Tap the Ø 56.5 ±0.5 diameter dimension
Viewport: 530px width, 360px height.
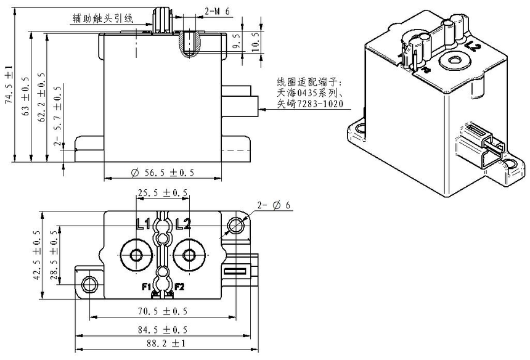pyautogui.click(x=163, y=173)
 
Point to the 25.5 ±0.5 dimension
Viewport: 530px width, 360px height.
pyautogui.click(x=163, y=193)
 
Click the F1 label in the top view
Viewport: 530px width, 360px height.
pyautogui.click(x=147, y=287)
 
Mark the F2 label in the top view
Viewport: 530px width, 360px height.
pyautogui.click(x=179, y=287)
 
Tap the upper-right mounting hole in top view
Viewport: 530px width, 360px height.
pyautogui.click(x=235, y=225)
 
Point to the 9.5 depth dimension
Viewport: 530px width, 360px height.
pyautogui.click(x=236, y=46)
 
